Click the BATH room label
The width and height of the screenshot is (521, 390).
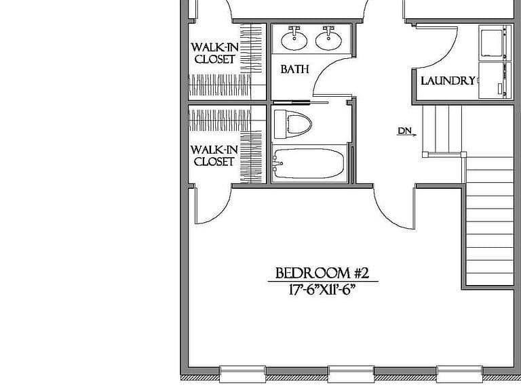294,69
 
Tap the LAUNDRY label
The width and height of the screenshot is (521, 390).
448,81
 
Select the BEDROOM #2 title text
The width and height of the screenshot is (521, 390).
322,274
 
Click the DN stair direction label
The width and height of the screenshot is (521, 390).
405,131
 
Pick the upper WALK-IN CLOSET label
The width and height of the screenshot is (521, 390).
214,53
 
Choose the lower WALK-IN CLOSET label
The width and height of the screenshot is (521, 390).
214,156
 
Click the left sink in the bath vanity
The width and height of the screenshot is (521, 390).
294,39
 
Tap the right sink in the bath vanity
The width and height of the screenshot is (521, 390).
328,39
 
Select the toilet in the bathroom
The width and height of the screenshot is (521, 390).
292,125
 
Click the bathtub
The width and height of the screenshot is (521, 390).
308,163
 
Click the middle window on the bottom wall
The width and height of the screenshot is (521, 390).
351,374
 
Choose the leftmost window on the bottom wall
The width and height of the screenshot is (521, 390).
243,374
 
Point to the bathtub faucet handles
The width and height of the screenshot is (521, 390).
277,163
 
